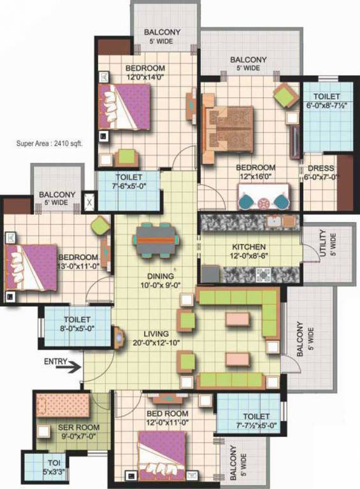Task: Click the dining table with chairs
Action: (x=157, y=239)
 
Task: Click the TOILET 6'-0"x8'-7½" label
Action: (x=326, y=100)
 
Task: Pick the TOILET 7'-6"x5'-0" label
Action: (x=129, y=182)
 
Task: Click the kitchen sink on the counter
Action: (x=275, y=222)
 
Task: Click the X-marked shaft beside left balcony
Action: (x=90, y=204)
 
